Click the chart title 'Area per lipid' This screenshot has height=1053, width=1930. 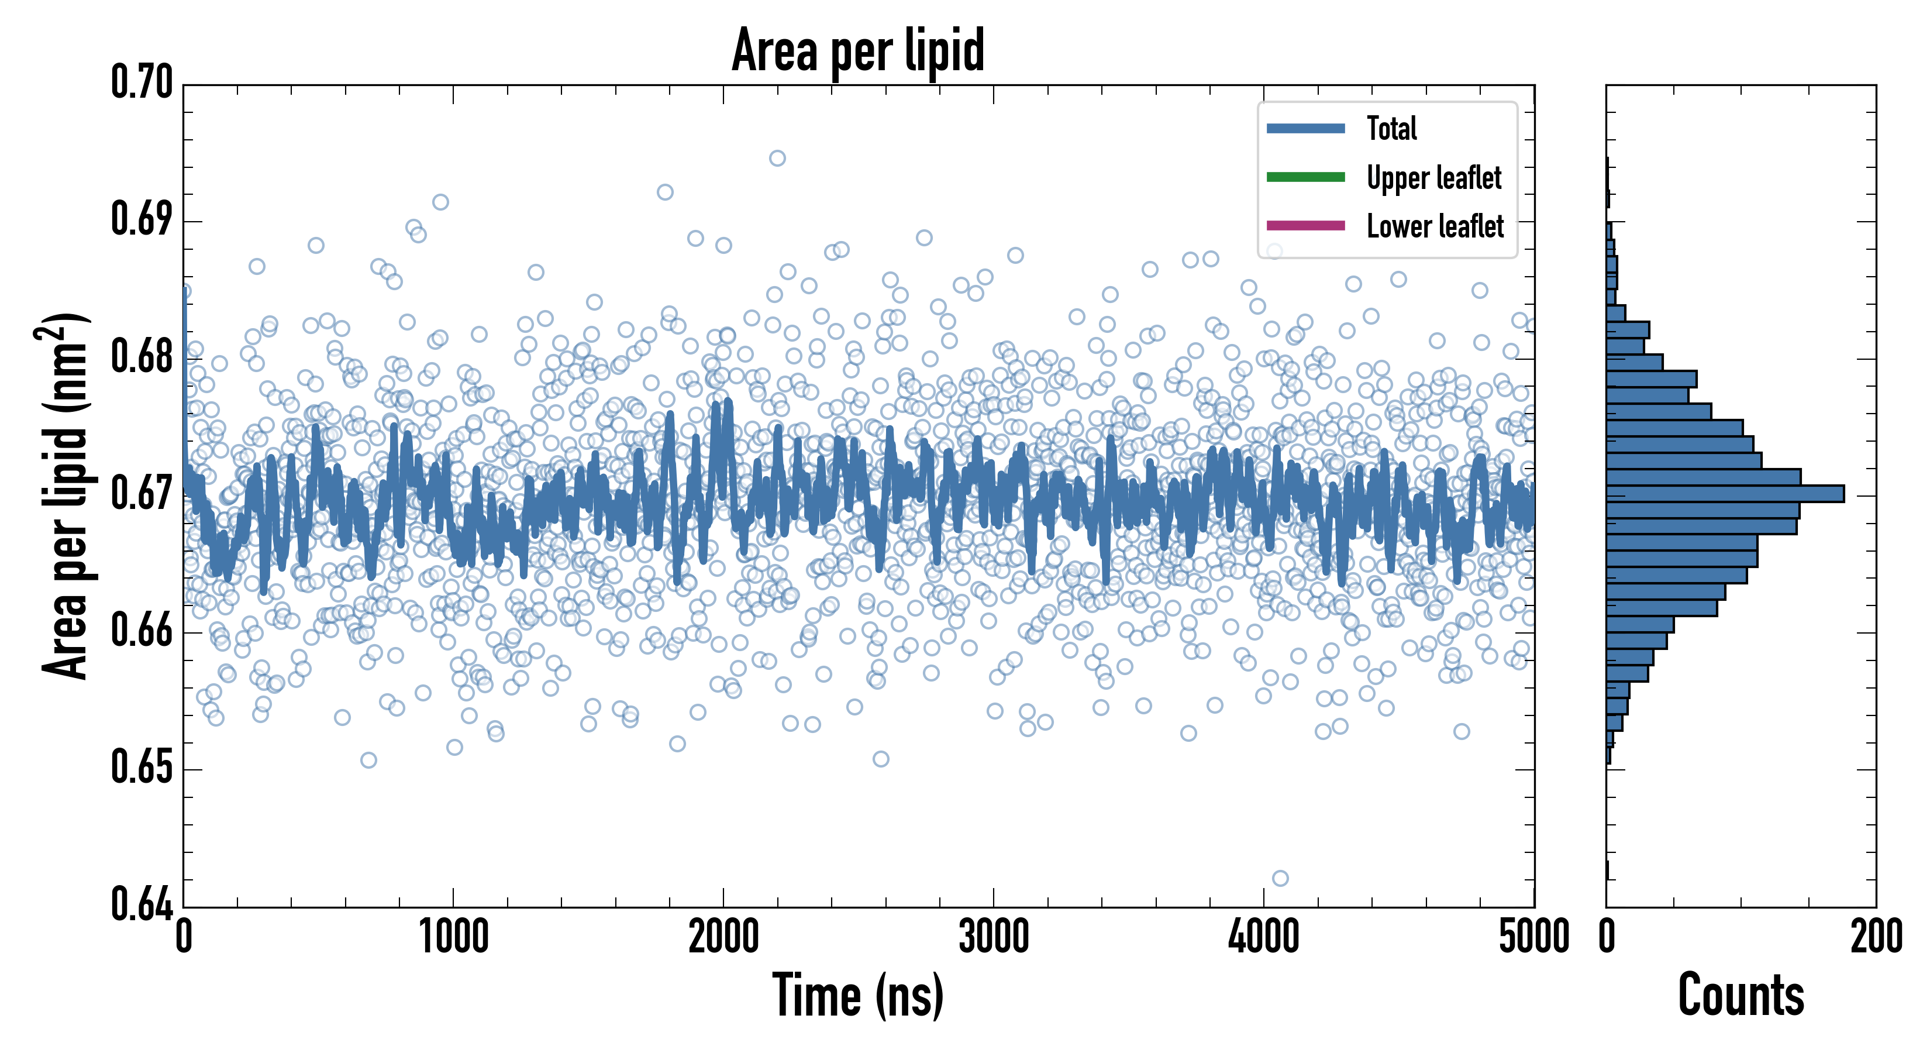point(858,50)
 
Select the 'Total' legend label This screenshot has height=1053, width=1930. point(1391,128)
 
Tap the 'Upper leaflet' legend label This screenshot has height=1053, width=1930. point(1434,178)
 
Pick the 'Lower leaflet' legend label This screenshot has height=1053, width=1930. point(1435,226)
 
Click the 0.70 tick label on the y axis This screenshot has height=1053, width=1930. point(142,82)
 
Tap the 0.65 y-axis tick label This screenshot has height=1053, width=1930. point(142,768)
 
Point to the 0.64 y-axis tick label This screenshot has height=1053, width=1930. point(142,904)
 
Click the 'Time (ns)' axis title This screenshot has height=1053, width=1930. point(858,995)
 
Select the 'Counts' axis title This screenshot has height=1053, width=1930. point(1741,995)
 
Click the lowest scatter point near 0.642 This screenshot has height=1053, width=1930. point(1280,877)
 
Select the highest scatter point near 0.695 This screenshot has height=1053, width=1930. point(778,158)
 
